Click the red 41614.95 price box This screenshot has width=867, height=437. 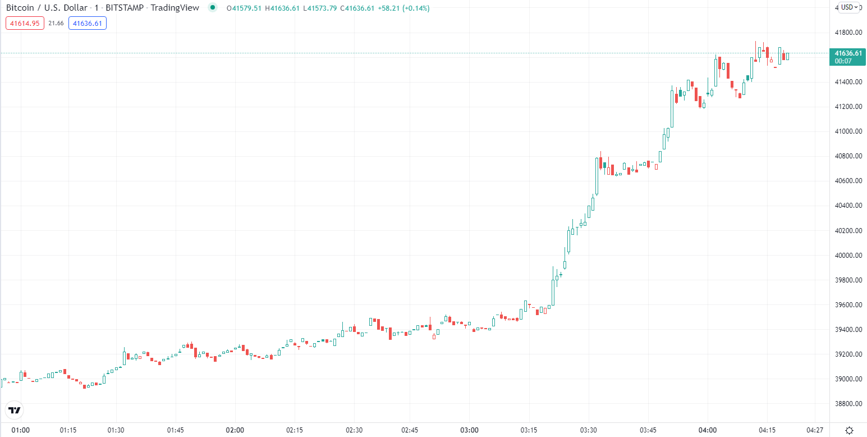coord(25,23)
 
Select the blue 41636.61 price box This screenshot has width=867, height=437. coord(88,23)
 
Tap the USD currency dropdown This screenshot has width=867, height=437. coord(850,7)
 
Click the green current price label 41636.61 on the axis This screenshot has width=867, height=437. coord(848,57)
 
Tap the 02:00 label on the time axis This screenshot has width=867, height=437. coord(235,430)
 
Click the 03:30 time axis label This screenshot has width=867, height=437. coord(588,430)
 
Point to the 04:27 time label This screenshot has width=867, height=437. coord(815,430)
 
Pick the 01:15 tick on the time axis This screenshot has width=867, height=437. coord(68,430)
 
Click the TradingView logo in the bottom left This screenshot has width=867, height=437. coord(15,410)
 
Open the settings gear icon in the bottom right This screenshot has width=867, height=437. coord(849,430)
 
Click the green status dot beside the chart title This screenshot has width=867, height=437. coord(213,7)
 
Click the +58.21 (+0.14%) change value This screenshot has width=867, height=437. coord(404,8)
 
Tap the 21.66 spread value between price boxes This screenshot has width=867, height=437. coord(56,23)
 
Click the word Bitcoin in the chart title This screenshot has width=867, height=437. coord(20,8)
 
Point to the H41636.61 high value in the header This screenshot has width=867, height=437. coord(282,8)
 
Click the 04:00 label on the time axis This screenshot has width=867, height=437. coord(708,430)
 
